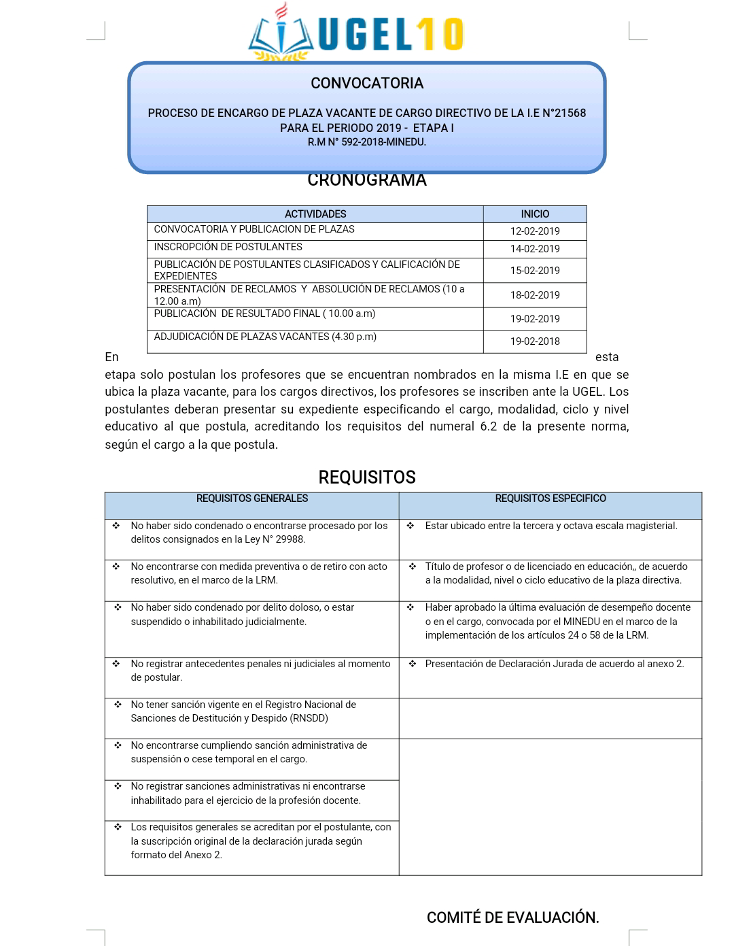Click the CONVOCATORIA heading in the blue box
[367, 83]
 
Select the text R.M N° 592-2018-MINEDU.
[367, 142]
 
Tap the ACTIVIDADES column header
[315, 214]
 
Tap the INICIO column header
[535, 214]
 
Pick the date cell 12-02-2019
[535, 231]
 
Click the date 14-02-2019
[535, 249]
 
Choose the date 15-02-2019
[535, 271]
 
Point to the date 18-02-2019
[535, 295]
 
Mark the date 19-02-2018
[535, 341]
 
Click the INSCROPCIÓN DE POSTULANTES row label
[228, 247]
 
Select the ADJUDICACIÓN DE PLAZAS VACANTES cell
[265, 337]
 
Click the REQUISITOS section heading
[367, 477]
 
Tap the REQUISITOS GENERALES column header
[252, 499]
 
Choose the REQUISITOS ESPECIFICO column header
[550, 499]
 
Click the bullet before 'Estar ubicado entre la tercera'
[410, 526]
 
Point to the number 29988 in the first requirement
[290, 539]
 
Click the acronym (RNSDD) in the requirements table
[309, 718]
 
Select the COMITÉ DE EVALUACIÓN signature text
[513, 917]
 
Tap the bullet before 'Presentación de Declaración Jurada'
[413, 664]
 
